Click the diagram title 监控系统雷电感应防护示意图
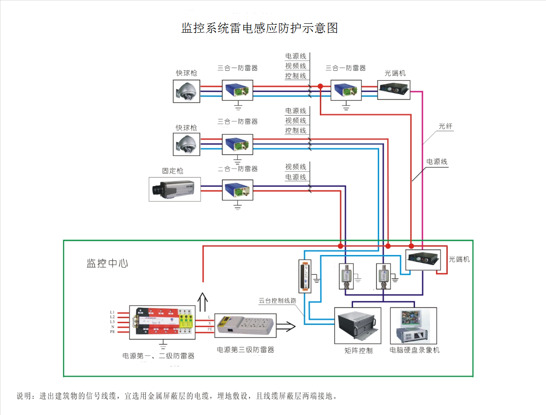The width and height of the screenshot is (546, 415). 259,28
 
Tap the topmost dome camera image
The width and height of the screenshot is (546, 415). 187,91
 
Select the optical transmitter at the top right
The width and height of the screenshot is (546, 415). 393,90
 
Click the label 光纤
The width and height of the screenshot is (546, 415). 446,127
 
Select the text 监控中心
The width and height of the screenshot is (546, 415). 107,264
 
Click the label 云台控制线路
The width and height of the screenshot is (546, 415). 278,301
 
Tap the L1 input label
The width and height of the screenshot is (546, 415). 112,312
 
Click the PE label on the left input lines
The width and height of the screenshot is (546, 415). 112,332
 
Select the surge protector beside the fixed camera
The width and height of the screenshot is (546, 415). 237,191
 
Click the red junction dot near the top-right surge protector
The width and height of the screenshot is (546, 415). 320,86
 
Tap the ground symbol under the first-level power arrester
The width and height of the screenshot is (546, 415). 163,345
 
